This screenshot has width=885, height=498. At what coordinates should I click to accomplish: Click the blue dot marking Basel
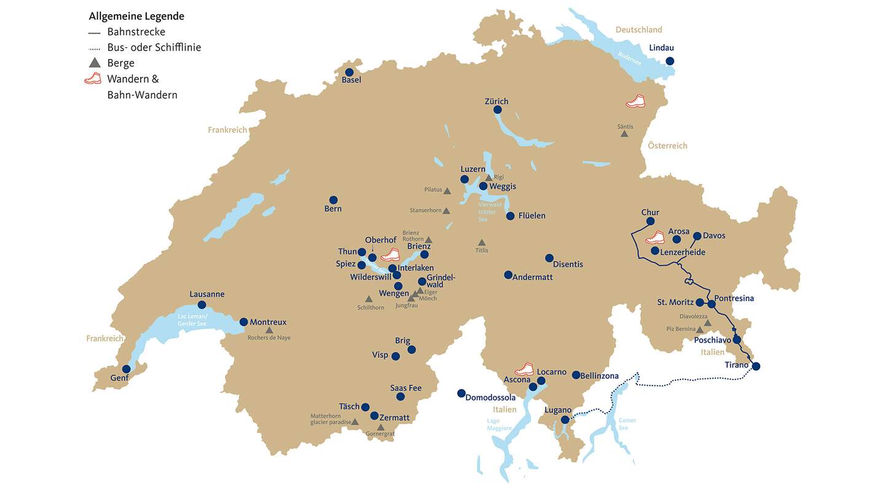coord(349,72)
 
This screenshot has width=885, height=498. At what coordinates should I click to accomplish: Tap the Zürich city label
coord(496,101)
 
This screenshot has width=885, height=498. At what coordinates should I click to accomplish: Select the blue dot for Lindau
coord(670,61)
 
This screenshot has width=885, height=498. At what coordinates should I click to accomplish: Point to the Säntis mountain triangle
coord(624,133)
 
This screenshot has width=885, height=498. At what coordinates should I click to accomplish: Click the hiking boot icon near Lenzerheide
coord(655,237)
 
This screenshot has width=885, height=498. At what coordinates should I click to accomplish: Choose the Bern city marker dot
coord(333,200)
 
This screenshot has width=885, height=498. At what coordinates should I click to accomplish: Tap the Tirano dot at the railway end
coord(756,366)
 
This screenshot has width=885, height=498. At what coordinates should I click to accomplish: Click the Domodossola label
coord(490,397)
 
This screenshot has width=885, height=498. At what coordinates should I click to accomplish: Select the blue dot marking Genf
coord(126,369)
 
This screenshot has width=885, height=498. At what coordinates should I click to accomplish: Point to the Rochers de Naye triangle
coord(269,330)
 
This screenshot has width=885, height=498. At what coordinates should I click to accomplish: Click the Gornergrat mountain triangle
coord(380,427)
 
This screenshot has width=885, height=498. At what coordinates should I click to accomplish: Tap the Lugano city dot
coord(565,420)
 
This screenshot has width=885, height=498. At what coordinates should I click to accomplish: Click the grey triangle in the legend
coord(94,63)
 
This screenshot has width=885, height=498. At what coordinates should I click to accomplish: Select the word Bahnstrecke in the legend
coord(136,32)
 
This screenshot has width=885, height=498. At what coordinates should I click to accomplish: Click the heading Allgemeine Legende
coord(136,16)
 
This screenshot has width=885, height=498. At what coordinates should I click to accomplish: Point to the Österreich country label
coord(667,146)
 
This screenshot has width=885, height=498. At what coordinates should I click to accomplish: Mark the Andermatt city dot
coord(508,275)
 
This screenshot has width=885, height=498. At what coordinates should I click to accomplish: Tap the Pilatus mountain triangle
coord(447,191)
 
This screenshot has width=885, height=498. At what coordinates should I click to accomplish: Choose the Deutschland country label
coord(639,30)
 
